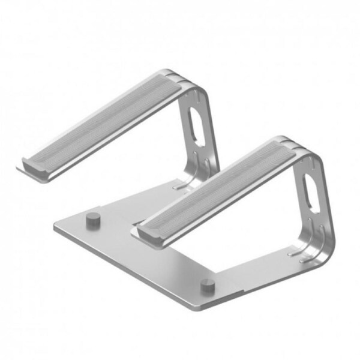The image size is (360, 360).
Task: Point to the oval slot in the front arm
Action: coord(313,189)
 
